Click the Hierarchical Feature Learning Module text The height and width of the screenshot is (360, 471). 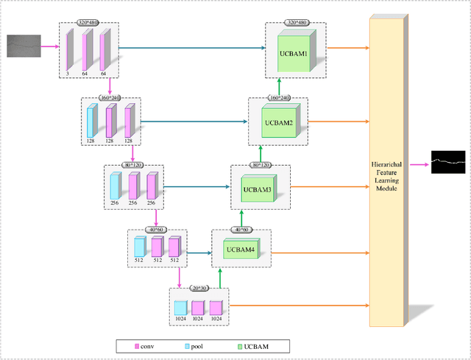click(386, 174)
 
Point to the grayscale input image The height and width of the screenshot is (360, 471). click(24, 46)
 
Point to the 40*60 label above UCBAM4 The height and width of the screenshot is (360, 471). click(241, 230)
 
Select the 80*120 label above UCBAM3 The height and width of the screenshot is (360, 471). click(260, 166)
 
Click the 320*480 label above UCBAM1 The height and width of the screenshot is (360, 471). click(296, 24)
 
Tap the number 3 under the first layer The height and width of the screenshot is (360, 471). click(68, 74)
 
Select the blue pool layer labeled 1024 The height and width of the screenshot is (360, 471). click(180, 311)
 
